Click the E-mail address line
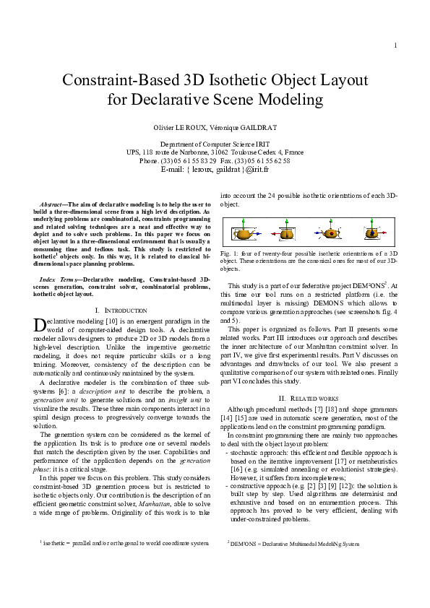(x=215, y=169)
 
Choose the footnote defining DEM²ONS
(x=290, y=542)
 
